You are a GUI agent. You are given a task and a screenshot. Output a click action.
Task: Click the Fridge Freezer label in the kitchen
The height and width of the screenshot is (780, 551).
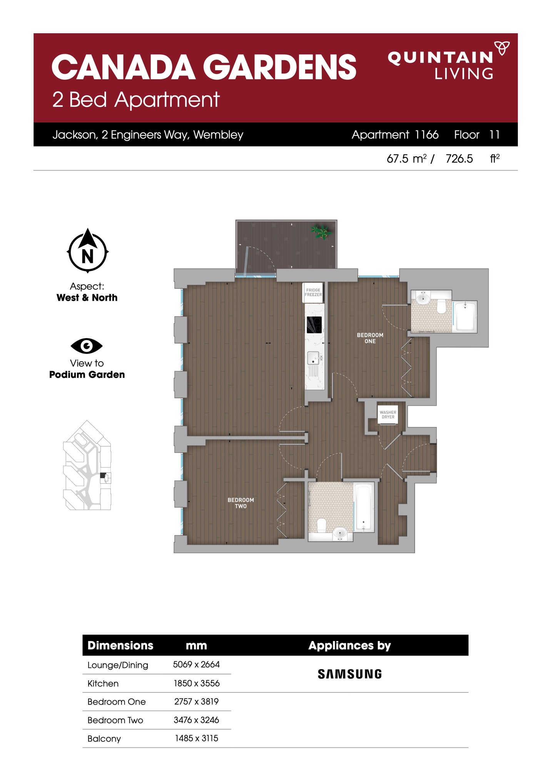(x=313, y=292)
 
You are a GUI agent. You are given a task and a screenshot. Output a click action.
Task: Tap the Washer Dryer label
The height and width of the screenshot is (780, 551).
(x=388, y=414)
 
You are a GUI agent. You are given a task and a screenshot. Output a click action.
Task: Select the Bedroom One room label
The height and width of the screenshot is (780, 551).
(x=370, y=338)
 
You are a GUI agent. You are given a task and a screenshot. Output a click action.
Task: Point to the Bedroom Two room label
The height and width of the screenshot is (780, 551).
(x=241, y=503)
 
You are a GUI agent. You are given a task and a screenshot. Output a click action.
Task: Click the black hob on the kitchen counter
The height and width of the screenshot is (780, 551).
(x=314, y=325)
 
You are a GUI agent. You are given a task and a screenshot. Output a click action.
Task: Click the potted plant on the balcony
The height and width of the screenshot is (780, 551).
(x=322, y=232)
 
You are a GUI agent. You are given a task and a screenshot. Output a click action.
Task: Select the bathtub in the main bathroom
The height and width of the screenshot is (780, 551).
(x=364, y=507)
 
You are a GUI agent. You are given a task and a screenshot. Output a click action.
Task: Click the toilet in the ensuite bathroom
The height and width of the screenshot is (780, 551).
(x=441, y=306)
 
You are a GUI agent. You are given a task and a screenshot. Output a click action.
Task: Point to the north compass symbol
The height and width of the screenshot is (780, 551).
(x=88, y=251)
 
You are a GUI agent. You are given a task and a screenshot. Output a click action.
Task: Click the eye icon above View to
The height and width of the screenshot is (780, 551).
(x=87, y=346)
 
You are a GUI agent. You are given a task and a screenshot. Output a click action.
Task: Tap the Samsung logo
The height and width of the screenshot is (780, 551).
(x=350, y=674)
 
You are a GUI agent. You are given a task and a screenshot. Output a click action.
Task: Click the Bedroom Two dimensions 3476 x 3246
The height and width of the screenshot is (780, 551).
(x=196, y=720)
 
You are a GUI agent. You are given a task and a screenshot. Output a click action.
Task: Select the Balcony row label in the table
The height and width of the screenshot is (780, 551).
(x=104, y=738)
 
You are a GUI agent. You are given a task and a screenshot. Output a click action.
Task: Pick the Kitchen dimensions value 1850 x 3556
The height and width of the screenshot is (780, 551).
(x=197, y=683)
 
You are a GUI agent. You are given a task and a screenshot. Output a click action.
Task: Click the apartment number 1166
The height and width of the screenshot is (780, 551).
(x=427, y=134)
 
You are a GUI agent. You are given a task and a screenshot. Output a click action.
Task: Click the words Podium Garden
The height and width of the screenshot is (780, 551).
(x=87, y=374)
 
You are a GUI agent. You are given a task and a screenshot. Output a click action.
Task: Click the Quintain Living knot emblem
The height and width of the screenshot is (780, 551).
(x=502, y=48)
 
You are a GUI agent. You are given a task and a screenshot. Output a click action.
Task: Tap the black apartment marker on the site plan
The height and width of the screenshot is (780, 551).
(x=103, y=476)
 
